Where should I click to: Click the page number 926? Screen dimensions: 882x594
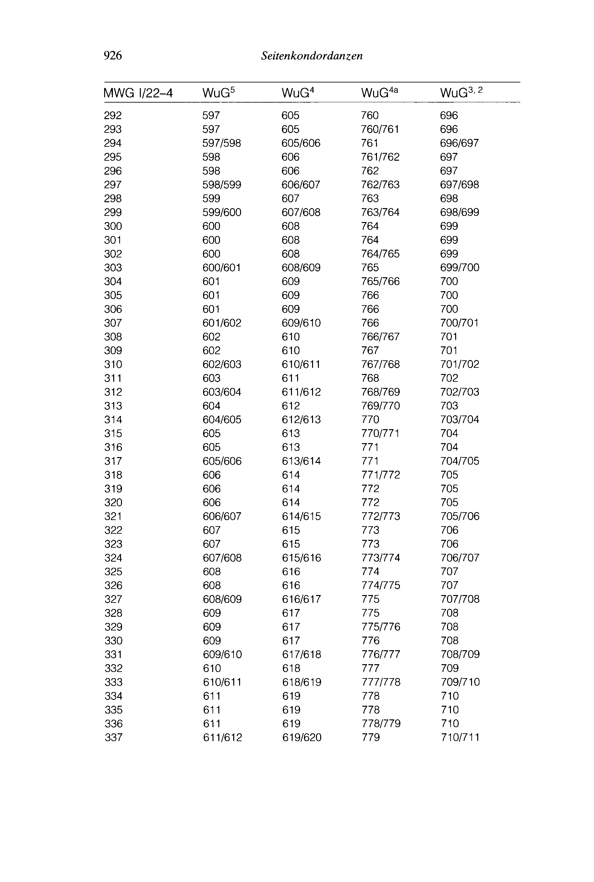click(113, 56)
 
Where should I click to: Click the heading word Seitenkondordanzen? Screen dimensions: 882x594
click(312, 56)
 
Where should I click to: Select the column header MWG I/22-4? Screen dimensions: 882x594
click(138, 93)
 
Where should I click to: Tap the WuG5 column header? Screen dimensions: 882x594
click(219, 93)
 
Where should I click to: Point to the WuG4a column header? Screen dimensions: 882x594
click(379, 93)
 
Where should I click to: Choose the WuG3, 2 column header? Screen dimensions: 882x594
click(461, 93)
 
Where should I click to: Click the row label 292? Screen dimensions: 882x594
click(113, 115)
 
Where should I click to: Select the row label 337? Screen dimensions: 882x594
click(113, 737)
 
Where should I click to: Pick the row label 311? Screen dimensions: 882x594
click(113, 378)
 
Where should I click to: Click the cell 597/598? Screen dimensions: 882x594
click(222, 143)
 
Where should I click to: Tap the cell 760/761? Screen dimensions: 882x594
click(380, 129)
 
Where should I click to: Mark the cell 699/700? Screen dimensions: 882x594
click(459, 267)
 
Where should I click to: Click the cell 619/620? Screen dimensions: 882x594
click(302, 737)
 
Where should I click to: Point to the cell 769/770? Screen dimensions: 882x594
click(380, 405)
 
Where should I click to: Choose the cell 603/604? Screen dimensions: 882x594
click(222, 392)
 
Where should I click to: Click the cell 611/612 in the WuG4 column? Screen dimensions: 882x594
click(301, 392)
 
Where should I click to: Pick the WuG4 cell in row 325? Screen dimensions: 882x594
click(291, 572)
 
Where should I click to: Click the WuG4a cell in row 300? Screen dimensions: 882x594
click(370, 226)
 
